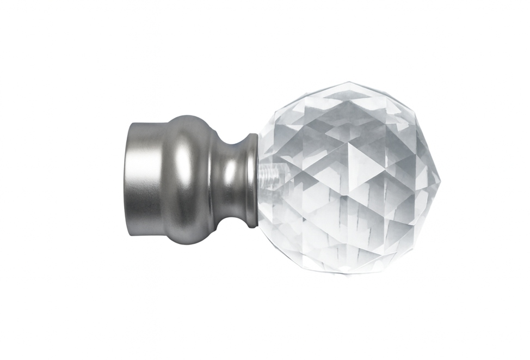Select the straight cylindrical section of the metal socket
[x=147, y=180]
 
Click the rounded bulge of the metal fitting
[x=188, y=180]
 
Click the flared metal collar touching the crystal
[x=251, y=180]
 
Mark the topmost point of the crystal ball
[x=348, y=82]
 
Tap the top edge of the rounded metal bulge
[x=188, y=115]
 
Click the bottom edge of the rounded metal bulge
[x=188, y=245]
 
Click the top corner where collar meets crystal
[x=256, y=134]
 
